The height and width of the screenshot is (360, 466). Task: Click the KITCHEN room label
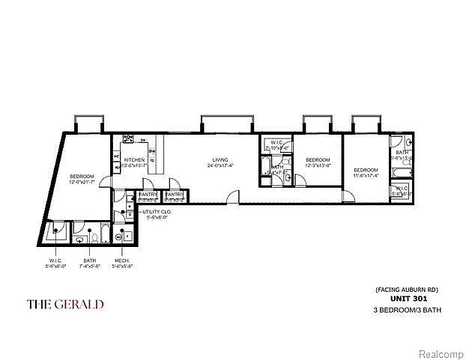134,160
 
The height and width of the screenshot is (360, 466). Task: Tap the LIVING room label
220,160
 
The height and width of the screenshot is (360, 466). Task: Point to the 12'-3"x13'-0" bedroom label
318,160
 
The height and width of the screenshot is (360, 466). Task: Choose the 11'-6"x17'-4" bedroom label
366,171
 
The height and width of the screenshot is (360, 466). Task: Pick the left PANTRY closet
147,197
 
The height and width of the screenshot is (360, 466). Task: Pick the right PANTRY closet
175,197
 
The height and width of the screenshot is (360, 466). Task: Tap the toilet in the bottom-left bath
95,237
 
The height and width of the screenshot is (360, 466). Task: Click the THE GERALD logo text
65,304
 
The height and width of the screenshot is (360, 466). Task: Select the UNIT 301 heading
405,298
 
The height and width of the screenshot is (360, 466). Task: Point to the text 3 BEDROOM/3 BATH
405,308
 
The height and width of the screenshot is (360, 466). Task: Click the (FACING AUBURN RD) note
405,289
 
